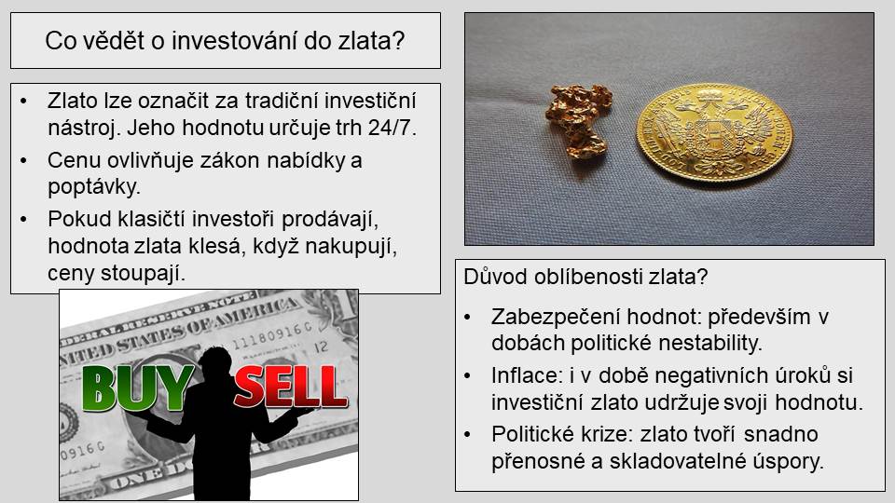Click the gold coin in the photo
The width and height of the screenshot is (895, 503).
(x=714, y=132)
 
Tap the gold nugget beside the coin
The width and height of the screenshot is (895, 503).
(x=578, y=120)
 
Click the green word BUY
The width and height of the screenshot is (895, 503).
(x=138, y=388)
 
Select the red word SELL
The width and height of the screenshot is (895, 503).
(x=291, y=387)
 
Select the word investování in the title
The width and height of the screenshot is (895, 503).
(x=234, y=40)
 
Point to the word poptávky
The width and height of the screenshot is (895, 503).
(x=94, y=187)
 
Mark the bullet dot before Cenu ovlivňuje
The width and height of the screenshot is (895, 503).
(x=23, y=160)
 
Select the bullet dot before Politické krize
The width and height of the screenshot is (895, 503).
(x=467, y=435)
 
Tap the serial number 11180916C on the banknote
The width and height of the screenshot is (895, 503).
(x=271, y=334)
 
